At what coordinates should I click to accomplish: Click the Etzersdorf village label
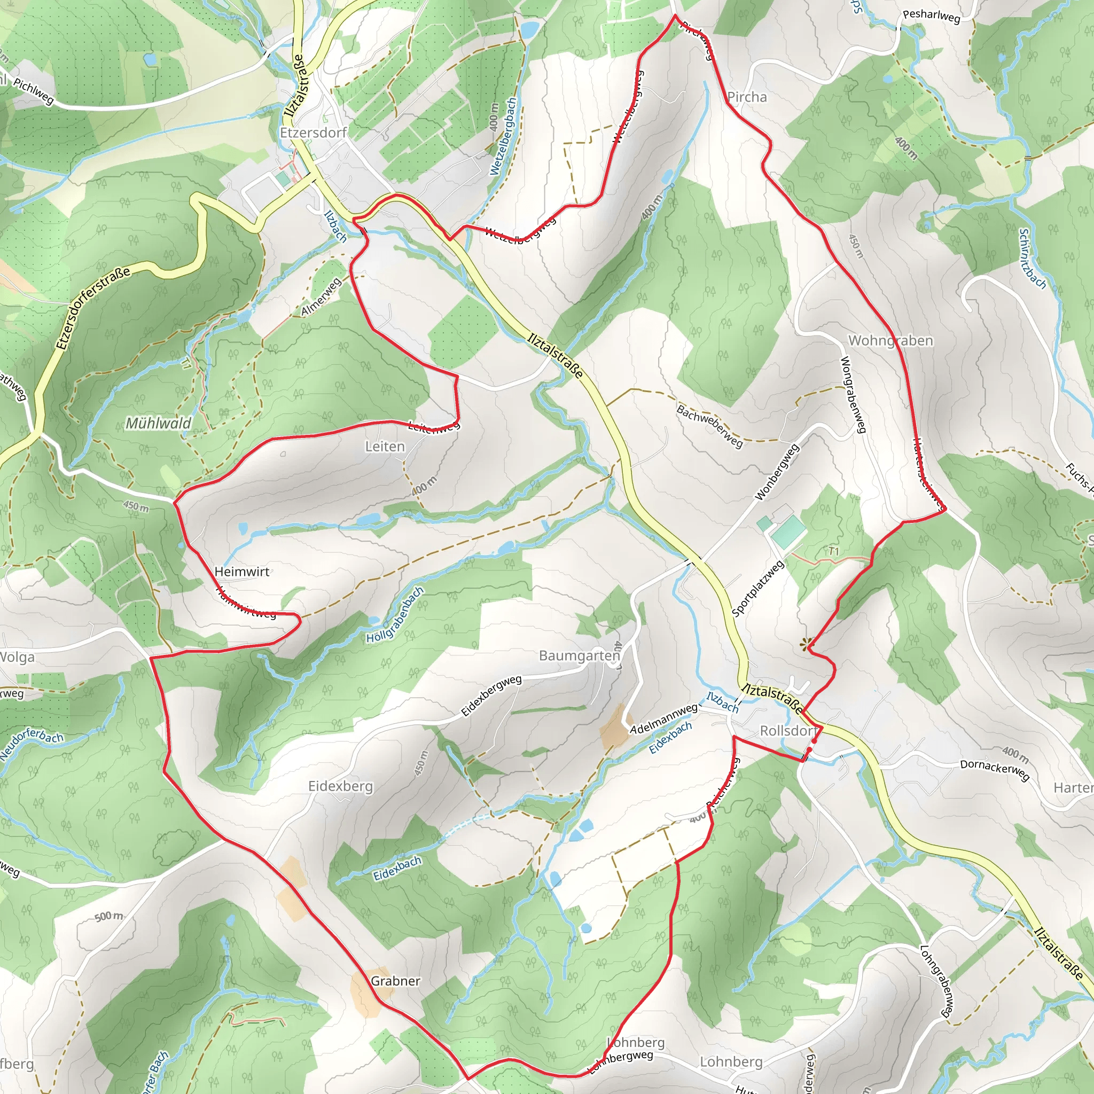coord(313,132)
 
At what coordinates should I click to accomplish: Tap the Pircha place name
coord(747,97)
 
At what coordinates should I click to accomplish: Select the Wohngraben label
coord(890,341)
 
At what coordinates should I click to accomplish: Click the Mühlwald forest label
coord(158,423)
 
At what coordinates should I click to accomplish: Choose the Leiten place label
coord(385,447)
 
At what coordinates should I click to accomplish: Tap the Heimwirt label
coord(242,572)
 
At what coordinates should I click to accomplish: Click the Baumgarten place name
coord(579,656)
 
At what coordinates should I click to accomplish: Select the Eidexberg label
coord(340,786)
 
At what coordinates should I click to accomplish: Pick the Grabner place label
coord(395,981)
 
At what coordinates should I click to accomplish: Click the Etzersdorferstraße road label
coord(93,308)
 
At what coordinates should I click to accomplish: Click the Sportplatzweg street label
coord(757,588)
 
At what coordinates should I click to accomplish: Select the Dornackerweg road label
coord(994,770)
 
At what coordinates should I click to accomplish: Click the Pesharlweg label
coord(932,16)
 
